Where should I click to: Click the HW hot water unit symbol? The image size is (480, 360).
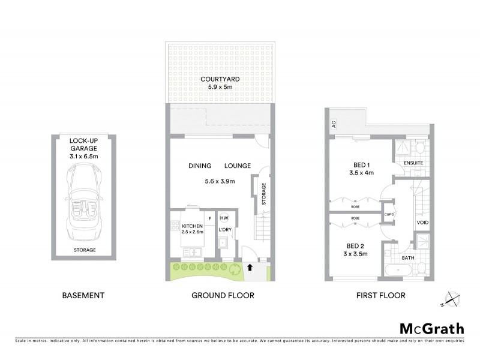[224, 218]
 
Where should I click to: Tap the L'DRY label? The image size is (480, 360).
[225, 230]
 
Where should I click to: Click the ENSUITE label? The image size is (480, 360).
[413, 162]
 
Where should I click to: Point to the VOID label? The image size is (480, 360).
[422, 223]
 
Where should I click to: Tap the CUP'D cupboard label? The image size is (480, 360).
[388, 213]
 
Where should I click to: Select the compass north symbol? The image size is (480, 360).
[451, 298]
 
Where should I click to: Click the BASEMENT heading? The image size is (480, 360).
[83, 295]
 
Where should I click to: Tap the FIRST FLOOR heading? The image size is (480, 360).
[381, 295]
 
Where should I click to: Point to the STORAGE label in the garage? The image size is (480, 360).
[83, 250]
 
